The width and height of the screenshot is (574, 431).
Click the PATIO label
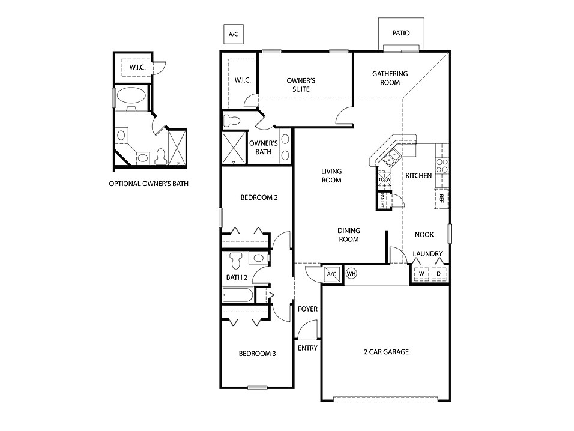(x=401, y=33)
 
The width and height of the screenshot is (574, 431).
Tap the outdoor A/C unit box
(x=233, y=34)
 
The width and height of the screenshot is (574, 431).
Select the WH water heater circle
(x=351, y=274)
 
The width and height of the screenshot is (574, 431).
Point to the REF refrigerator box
(x=440, y=198)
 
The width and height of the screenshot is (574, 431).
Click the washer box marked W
(x=421, y=274)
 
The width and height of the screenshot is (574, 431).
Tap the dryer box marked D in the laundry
(x=438, y=274)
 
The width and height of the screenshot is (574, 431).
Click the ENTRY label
(x=307, y=348)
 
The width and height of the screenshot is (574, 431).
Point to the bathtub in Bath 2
(x=238, y=296)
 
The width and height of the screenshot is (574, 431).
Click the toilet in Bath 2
(x=235, y=259)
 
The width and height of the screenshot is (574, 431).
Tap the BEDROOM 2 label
(x=259, y=197)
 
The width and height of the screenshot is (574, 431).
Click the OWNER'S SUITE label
(x=301, y=85)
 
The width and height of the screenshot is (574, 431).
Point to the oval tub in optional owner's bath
(x=130, y=95)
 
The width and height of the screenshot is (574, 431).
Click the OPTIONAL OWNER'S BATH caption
(x=148, y=184)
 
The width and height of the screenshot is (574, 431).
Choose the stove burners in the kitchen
(x=441, y=165)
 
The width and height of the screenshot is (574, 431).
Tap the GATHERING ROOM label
(x=390, y=78)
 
